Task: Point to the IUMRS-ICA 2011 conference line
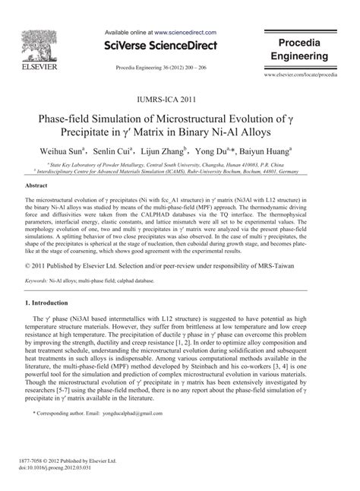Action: click(x=180, y=99)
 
